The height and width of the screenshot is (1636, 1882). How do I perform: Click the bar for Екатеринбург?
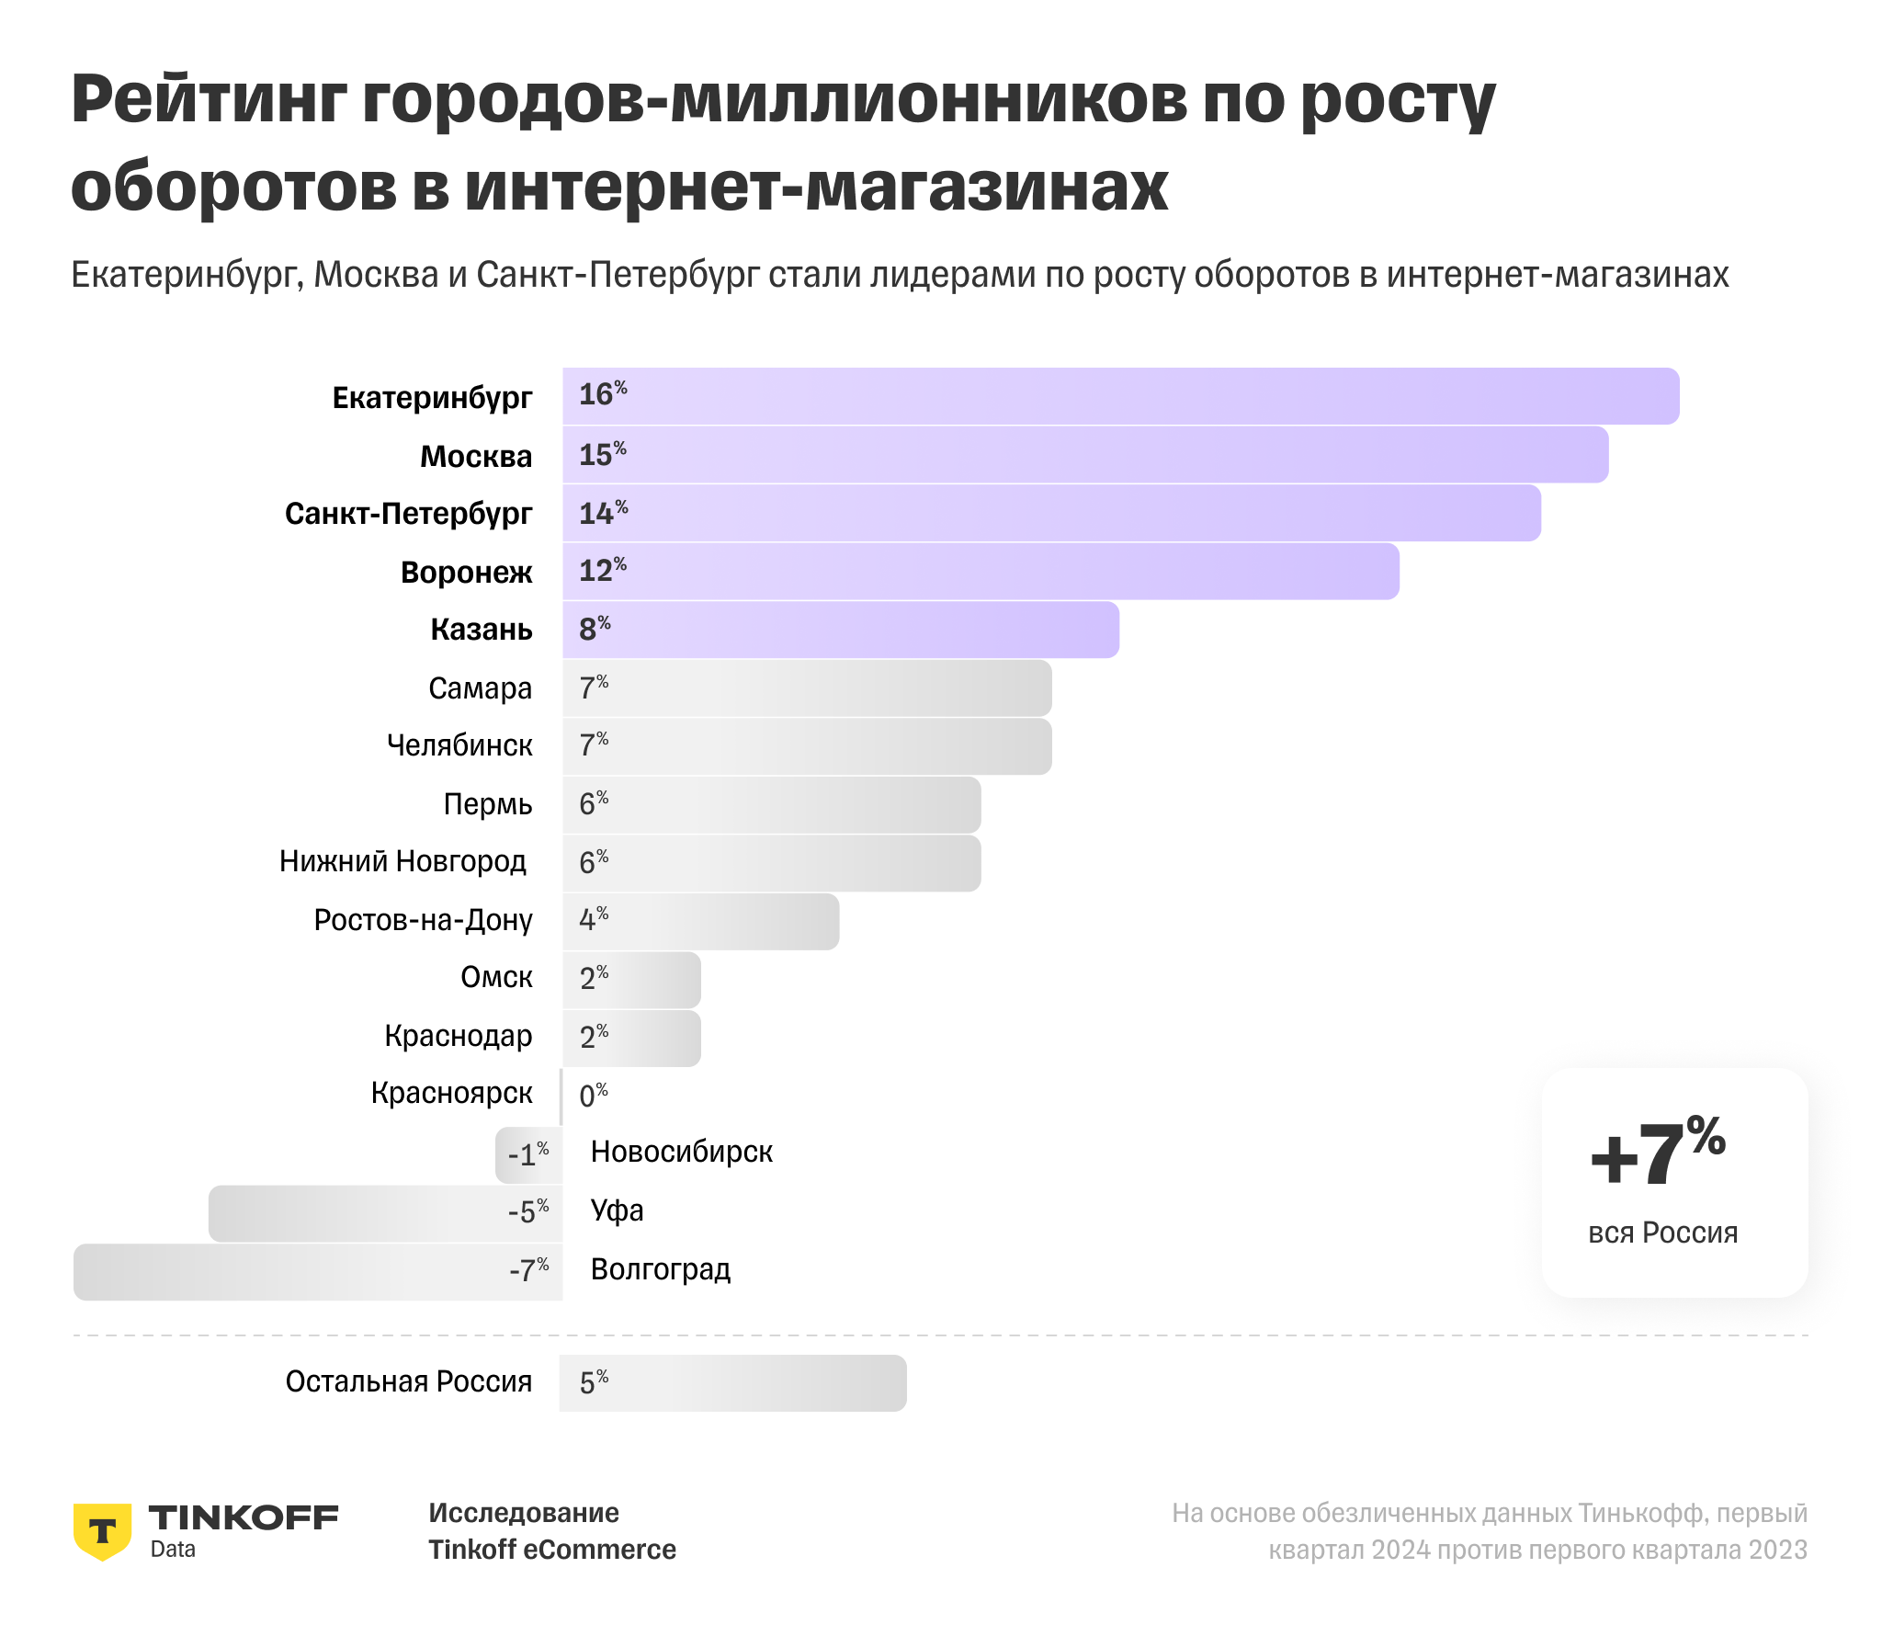tap(1121, 396)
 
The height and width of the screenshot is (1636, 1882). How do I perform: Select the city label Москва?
tap(476, 456)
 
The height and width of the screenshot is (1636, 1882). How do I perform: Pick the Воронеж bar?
tap(981, 572)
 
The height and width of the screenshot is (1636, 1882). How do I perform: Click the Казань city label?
tap(482, 630)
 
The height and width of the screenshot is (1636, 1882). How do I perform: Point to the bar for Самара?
tap(807, 688)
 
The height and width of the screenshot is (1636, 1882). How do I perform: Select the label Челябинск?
tap(459, 745)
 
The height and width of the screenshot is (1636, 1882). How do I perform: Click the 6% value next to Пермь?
tap(594, 803)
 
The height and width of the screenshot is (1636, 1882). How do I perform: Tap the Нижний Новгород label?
tap(402, 861)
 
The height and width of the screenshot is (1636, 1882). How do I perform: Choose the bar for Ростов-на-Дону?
tap(700, 921)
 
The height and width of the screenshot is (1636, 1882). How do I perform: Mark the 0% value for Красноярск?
tap(594, 1095)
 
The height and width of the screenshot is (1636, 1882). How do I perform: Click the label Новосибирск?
tap(681, 1153)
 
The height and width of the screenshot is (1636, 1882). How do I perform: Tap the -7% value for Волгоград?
tap(529, 1270)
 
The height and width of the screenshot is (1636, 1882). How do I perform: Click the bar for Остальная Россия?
tap(732, 1383)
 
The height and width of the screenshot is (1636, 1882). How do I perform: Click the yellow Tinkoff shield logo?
tap(102, 1531)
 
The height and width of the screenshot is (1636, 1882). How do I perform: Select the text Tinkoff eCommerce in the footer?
tap(552, 1550)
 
